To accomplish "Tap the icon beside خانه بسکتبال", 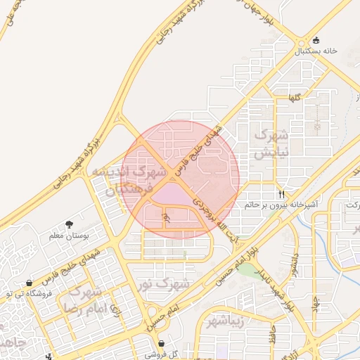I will click(316, 39).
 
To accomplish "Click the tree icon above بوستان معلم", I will click(69, 224).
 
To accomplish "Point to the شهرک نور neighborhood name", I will click(172, 284).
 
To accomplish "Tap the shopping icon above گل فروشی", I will click(162, 344).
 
